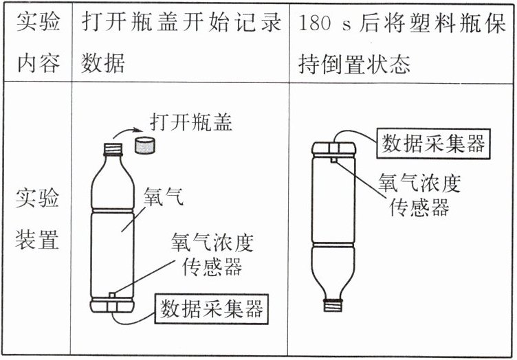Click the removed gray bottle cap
pyautogui.click(x=144, y=146)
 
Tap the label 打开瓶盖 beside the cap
pyautogui.click(x=191, y=122)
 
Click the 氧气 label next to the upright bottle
pyautogui.click(x=163, y=197)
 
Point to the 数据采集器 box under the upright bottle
pyautogui.click(x=211, y=309)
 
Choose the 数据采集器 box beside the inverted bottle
pyautogui.click(x=433, y=144)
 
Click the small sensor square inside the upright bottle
pyautogui.click(x=113, y=295)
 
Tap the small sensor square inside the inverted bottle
pyautogui.click(x=333, y=160)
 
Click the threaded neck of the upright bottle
pyautogui.click(x=113, y=150)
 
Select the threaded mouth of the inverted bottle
pyautogui.click(x=333, y=304)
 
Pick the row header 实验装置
pyautogui.click(x=37, y=218)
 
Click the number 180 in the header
pyautogui.click(x=314, y=23)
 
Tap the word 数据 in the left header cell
pyautogui.click(x=103, y=63)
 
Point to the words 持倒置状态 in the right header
pyautogui.click(x=355, y=64)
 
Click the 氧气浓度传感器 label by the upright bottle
pyautogui.click(x=212, y=254)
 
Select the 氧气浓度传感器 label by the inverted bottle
pyautogui.click(x=419, y=194)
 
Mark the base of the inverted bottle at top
pyautogui.click(x=333, y=148)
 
